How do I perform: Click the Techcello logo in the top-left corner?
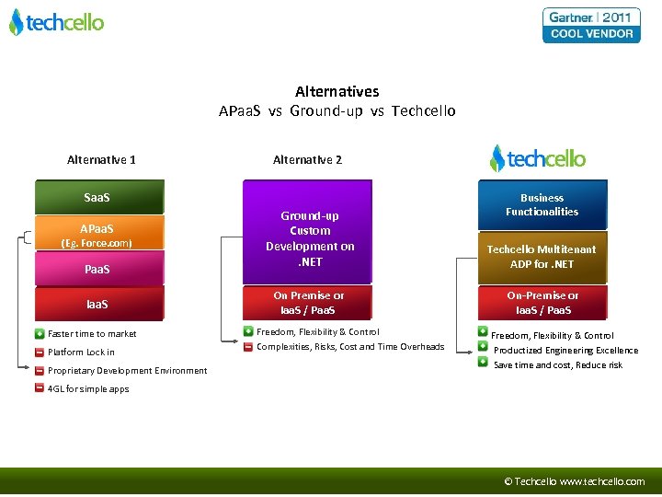coord(57,22)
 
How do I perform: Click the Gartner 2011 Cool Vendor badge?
coord(591,26)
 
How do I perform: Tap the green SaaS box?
coord(98,198)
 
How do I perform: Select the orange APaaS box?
coord(98,233)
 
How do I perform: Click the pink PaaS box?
coord(98,269)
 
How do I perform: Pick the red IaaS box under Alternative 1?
coord(98,303)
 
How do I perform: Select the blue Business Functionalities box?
coord(542,205)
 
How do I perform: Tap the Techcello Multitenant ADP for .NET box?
coord(542,257)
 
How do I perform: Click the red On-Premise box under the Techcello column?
coord(542,303)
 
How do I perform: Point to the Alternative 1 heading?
coord(101,160)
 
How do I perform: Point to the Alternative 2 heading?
coord(307,160)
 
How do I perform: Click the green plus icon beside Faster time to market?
coord(40,333)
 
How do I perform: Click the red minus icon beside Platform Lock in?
coord(40,352)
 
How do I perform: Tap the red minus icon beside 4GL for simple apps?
coord(40,388)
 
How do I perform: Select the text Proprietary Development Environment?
coord(127,371)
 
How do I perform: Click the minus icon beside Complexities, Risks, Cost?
coord(248,347)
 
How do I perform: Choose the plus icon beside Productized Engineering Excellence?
coord(483,347)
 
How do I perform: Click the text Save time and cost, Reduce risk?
coord(558,365)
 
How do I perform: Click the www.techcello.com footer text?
coord(602,481)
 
